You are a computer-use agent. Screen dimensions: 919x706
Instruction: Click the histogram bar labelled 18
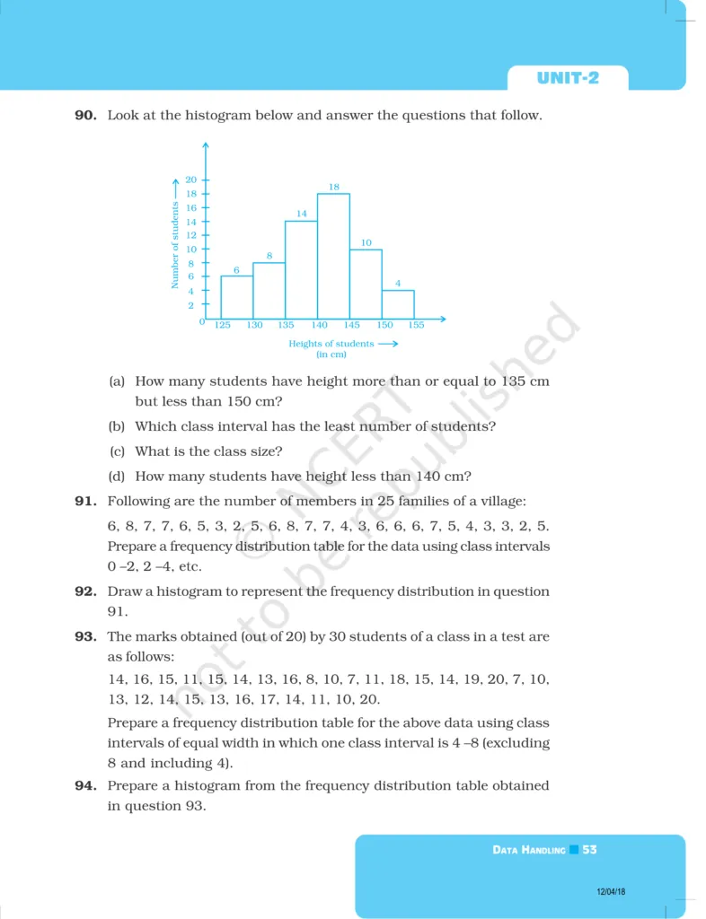[x=333, y=256]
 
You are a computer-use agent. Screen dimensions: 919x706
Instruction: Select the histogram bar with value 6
[x=236, y=297]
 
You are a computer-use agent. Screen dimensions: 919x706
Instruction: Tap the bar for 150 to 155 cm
[x=398, y=304]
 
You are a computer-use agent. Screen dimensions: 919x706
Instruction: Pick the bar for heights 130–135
[x=269, y=290]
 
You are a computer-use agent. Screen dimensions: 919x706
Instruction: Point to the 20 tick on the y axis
[x=190, y=179]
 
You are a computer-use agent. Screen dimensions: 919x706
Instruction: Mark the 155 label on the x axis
[x=416, y=326]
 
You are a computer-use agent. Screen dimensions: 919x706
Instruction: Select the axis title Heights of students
[x=331, y=344]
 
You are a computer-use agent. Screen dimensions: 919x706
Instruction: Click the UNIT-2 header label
[x=568, y=78]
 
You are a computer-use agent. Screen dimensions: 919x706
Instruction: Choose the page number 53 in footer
[x=589, y=849]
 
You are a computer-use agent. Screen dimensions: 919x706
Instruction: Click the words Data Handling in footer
[x=529, y=850]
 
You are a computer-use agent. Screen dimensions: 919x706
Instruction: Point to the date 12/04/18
[x=612, y=891]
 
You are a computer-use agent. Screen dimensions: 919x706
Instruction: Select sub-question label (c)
[x=117, y=451]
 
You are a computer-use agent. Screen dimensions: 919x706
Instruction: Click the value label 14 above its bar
[x=302, y=214]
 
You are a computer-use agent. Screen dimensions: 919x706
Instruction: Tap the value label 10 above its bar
[x=366, y=242]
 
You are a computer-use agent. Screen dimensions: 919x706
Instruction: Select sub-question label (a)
[x=117, y=381]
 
